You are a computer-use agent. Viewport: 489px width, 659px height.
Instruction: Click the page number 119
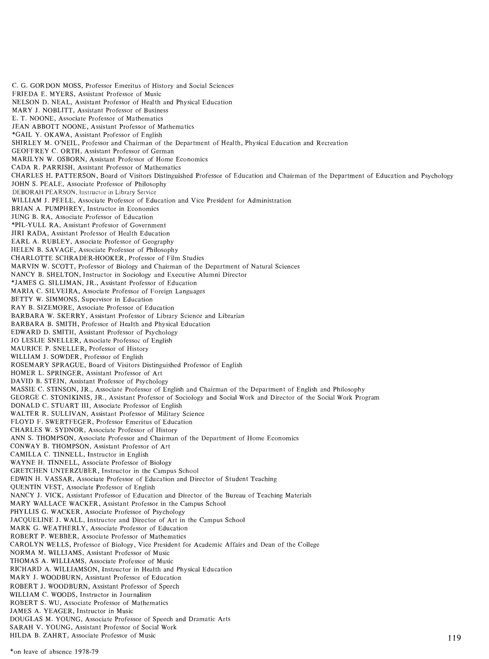tap(454, 637)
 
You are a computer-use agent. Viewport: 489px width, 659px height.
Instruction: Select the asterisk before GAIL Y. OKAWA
tap(13, 134)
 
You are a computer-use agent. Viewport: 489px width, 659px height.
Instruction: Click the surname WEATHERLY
tap(65, 528)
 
